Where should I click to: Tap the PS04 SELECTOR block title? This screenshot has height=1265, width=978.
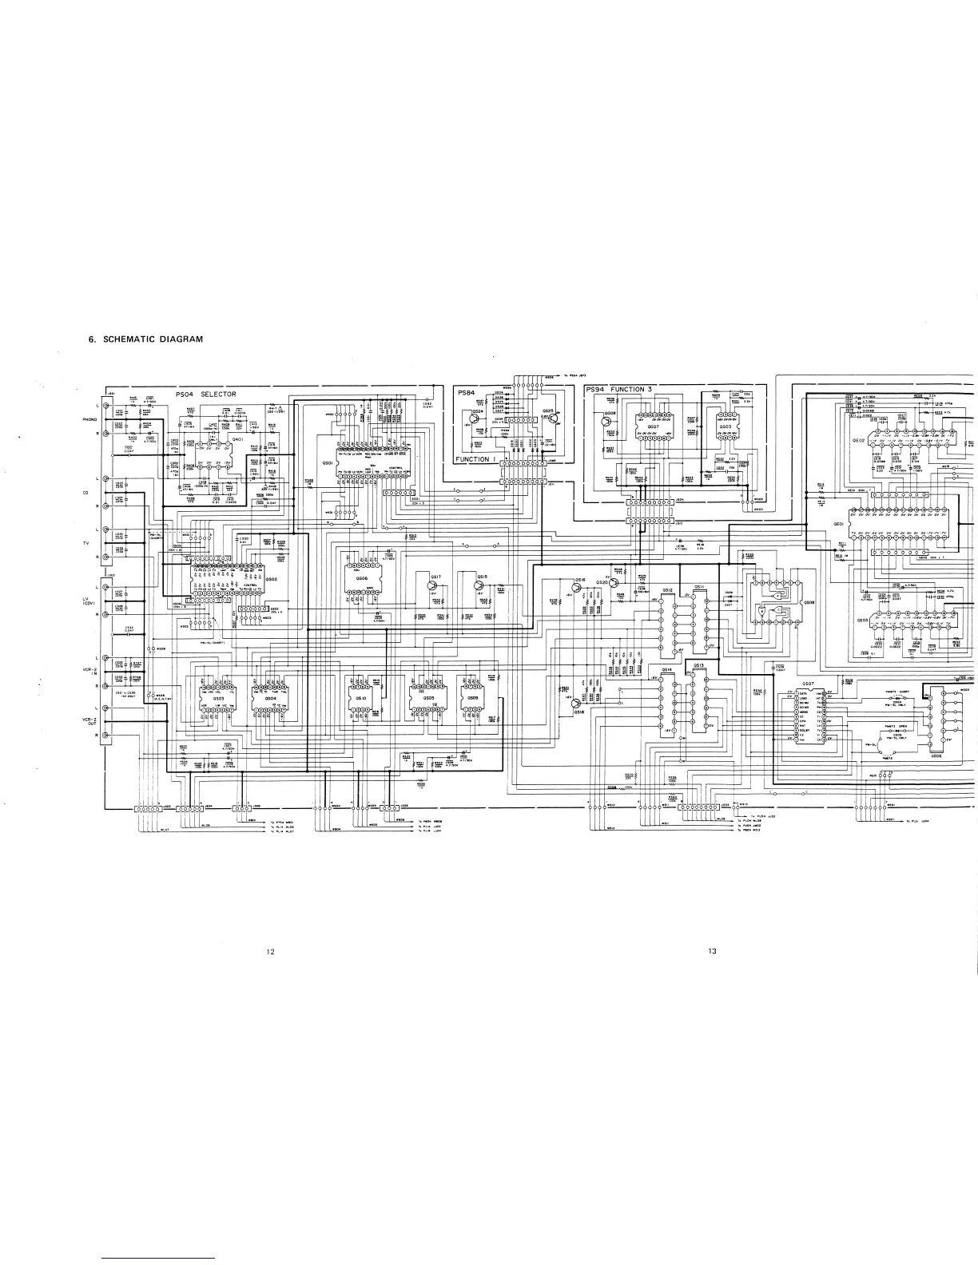point(206,395)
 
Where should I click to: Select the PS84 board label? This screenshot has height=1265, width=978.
point(467,392)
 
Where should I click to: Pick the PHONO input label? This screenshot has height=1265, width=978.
point(89,418)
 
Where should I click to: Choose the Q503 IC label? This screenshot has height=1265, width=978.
point(217,697)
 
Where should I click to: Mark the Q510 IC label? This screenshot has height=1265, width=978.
point(361,697)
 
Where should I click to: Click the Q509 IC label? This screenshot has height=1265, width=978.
point(473,697)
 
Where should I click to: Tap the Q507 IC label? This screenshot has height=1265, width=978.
point(808,684)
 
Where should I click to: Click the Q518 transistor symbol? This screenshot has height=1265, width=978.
point(578,702)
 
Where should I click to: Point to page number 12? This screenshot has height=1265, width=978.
point(271,951)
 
